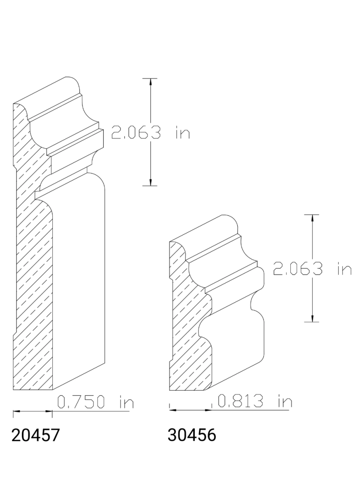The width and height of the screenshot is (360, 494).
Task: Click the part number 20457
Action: pos(36,435)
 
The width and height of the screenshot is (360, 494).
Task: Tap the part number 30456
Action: pos(192,435)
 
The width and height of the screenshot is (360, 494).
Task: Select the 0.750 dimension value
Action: pos(83,402)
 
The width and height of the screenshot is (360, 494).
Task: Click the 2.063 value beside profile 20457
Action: pos(136,133)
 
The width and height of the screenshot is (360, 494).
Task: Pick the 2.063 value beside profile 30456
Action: pos(297,269)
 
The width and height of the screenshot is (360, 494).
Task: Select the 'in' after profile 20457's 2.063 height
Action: pos(182,133)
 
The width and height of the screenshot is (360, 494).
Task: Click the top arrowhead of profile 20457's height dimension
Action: pos(150,82)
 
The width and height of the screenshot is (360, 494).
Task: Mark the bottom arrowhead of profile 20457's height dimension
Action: pos(150,182)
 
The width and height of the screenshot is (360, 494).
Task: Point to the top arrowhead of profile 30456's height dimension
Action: pos(312,218)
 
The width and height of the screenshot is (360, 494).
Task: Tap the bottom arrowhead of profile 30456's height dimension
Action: pos(312,318)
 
